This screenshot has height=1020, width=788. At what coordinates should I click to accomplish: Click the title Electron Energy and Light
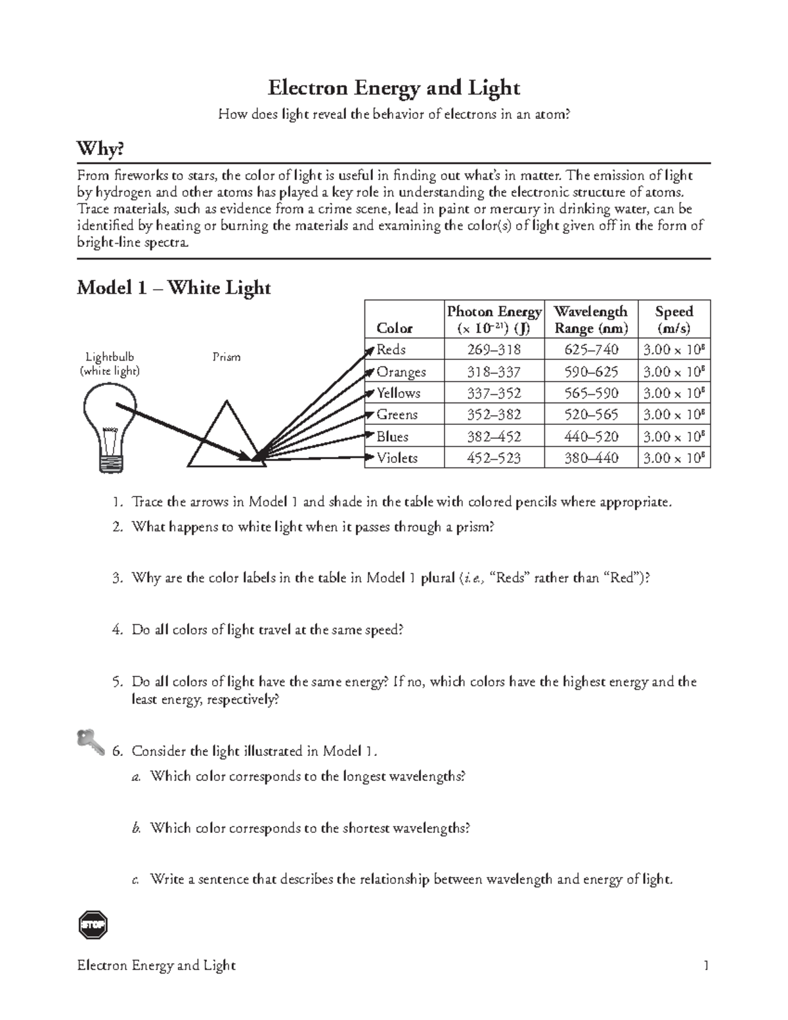click(393, 88)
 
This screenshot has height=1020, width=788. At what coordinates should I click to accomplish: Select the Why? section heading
click(100, 150)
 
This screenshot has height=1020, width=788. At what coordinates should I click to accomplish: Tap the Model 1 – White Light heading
click(173, 288)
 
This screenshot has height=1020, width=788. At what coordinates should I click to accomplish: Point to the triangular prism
click(227, 437)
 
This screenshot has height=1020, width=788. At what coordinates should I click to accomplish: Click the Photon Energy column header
click(494, 319)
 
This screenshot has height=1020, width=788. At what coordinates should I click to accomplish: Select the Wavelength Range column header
click(591, 319)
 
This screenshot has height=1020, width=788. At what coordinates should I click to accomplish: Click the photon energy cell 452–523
click(494, 458)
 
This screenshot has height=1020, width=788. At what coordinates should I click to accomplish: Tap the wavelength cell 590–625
click(591, 372)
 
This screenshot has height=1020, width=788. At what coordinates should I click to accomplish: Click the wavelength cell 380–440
click(591, 458)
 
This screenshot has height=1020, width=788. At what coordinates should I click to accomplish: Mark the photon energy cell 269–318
click(494, 349)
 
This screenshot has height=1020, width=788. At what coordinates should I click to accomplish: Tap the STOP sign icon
click(92, 925)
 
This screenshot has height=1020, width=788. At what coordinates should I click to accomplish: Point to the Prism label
click(226, 357)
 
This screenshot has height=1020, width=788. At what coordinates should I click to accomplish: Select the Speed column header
click(674, 319)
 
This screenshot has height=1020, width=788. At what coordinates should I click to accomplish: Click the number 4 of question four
click(117, 630)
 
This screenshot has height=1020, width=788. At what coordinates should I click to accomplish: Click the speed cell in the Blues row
click(674, 436)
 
